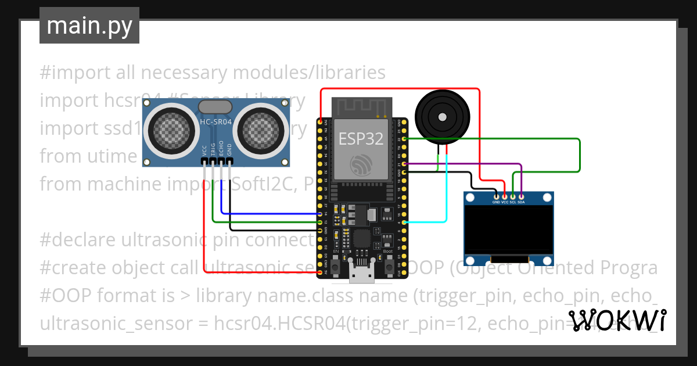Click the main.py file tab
coord(89,26)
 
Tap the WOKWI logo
coord(617,320)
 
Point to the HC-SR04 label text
coord(215,122)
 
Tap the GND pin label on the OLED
coord(496,202)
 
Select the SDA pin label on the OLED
coord(521,202)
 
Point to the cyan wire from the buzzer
coord(446,192)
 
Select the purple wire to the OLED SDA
coord(465,164)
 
